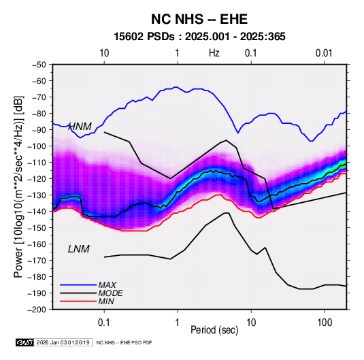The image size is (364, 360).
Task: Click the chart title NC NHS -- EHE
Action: coord(199,19)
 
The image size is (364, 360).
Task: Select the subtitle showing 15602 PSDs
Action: coord(199,37)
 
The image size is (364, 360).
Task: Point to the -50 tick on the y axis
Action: coord(39,65)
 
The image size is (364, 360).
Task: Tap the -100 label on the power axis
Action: coord(37,146)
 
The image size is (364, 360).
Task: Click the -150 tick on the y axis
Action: coord(37,227)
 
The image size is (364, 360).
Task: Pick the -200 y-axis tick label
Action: coord(37,310)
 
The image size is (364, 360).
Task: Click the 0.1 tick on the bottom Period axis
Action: coord(104,323)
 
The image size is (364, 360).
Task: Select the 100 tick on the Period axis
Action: coord(325,323)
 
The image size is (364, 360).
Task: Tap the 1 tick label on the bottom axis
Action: coord(178,323)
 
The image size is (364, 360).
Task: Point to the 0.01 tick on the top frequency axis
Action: coord(324,53)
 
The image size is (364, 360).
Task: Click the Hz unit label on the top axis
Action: coord(214,53)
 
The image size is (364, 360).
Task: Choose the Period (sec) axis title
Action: coord(214,330)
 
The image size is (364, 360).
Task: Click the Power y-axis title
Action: coord(18,186)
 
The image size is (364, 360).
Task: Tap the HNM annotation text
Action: coord(80,127)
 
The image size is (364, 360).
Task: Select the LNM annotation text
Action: coord(79,249)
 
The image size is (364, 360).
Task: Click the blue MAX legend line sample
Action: coord(78,285)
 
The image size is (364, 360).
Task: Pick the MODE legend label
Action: coord(110,293)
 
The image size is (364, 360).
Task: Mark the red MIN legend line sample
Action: coord(78,301)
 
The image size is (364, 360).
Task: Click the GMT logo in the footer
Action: coord(24,342)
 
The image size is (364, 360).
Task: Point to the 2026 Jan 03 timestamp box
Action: coord(63,342)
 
